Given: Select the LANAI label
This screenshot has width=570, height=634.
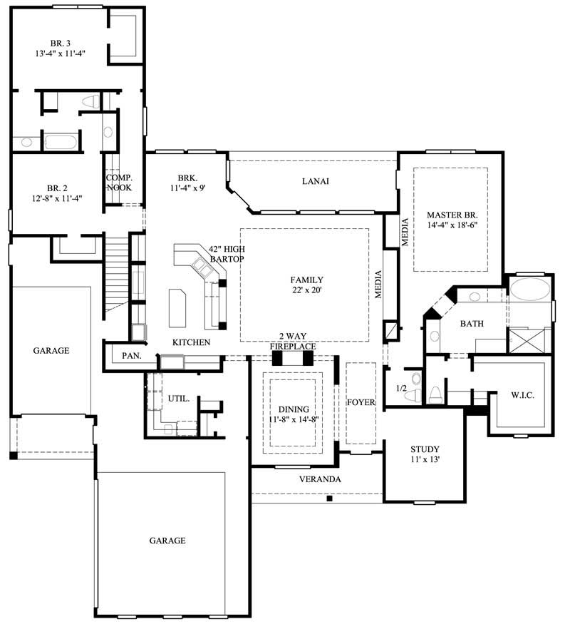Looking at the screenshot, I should [314, 181].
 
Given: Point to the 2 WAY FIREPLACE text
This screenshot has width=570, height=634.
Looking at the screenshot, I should [292, 342].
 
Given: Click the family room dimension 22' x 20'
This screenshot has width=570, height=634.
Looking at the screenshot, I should [306, 290].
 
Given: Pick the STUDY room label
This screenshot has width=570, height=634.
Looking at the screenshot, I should [425, 449].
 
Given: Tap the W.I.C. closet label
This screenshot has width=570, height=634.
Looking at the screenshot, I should [522, 394].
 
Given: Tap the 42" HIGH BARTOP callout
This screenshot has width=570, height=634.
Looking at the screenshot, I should [227, 254].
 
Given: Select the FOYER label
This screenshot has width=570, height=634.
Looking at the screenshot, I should [361, 402].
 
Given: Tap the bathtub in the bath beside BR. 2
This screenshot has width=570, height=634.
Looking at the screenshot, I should [61, 141].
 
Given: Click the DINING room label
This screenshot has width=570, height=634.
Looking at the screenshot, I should [294, 409].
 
